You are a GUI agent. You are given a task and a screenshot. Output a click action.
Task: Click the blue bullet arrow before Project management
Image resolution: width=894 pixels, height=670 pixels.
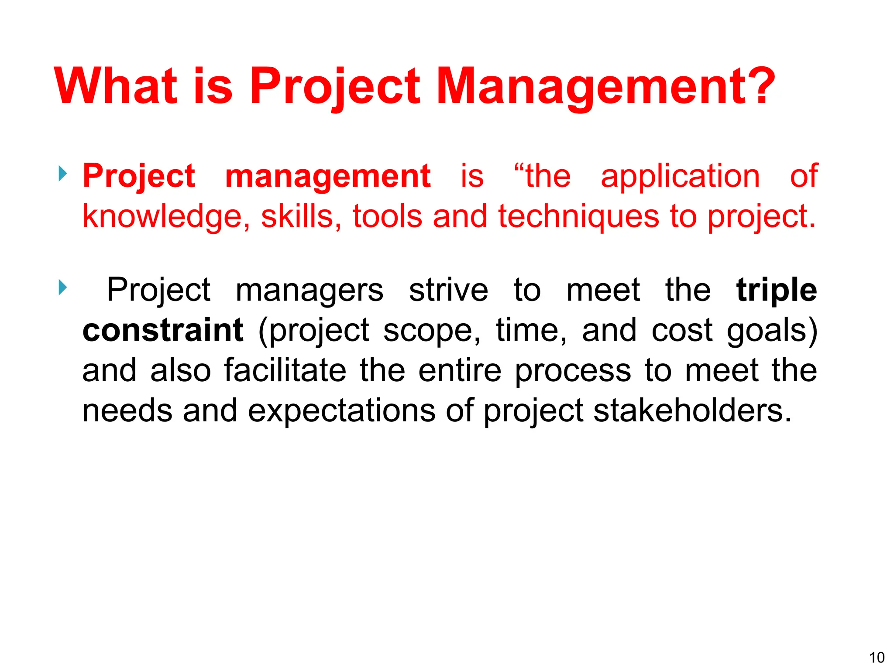click(x=63, y=174)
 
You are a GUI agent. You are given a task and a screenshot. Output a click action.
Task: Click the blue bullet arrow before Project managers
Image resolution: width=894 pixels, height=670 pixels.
click(x=63, y=287)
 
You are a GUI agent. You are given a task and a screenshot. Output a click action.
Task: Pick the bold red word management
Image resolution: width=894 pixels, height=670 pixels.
click(x=327, y=177)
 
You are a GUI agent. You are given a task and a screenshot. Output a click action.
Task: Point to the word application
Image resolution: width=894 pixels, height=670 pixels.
click(x=680, y=177)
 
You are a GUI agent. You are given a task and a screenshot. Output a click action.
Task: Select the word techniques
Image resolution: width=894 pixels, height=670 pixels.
click(x=578, y=217)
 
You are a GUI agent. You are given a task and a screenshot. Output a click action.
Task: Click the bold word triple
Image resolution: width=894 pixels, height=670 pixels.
click(x=776, y=291)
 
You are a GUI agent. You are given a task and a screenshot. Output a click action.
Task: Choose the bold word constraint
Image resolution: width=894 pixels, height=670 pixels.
click(x=163, y=330)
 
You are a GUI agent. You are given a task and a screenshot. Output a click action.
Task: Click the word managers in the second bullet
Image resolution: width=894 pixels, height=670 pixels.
click(x=309, y=291)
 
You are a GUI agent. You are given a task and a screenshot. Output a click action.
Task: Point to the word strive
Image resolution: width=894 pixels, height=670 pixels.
click(x=448, y=290)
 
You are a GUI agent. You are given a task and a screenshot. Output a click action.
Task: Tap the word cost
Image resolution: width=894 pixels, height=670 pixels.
click(x=682, y=330)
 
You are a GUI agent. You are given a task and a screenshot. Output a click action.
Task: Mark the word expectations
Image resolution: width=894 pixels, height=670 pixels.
click(x=341, y=411)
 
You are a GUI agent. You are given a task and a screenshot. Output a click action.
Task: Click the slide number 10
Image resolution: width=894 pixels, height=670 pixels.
click(x=877, y=657)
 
